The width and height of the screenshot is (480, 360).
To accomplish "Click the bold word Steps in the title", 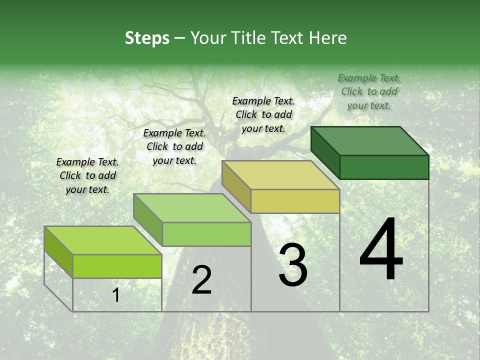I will tap(147, 38).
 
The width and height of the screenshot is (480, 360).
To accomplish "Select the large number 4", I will tap(381, 250).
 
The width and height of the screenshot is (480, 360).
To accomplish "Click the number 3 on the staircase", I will tap(293, 265).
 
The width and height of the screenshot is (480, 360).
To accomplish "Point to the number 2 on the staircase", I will tap(201, 280).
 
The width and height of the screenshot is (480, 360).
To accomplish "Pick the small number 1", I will tap(116, 295).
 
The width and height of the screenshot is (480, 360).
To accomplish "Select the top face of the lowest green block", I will tap(103, 240).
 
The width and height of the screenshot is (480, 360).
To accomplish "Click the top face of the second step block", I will tap(192, 208).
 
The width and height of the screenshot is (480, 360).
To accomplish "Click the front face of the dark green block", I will tap(384, 167).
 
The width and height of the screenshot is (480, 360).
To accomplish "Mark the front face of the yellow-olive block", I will tap(295, 201).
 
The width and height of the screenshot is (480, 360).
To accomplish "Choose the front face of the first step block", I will tap(117, 266).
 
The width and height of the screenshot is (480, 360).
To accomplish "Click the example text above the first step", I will tap(87, 175).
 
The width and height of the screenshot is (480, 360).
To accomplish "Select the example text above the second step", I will tap(174, 146).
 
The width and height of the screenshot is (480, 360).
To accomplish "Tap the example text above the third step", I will tap(263, 114).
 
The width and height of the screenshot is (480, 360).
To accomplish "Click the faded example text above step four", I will tap(369, 91).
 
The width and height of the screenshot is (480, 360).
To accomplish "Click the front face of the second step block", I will tap(206, 234).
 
